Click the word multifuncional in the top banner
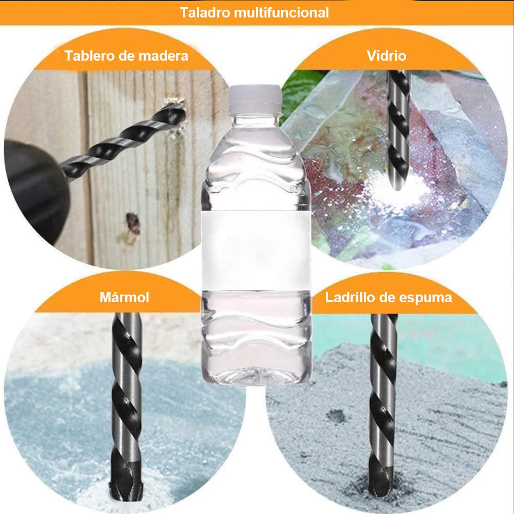click(282, 13)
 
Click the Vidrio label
click(387, 56)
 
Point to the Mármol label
click(124, 297)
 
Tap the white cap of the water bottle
click(255, 97)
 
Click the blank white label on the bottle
click(255, 251)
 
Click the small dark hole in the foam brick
click(337, 416)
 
